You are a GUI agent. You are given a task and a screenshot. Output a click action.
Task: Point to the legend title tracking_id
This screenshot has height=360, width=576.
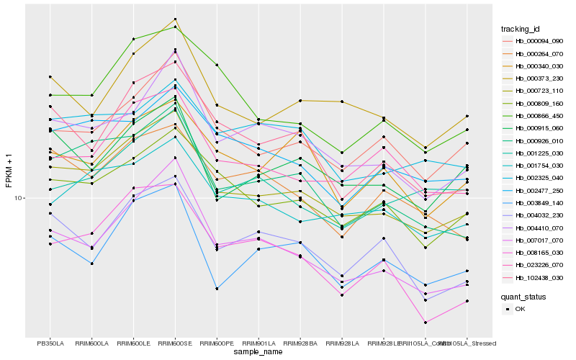coord(521,29)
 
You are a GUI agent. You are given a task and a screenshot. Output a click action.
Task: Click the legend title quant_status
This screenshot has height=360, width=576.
coord(523,296)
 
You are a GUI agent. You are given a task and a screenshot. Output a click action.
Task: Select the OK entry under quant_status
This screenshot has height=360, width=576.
coord(521,309)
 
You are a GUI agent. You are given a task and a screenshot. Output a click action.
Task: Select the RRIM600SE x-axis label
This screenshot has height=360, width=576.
coord(175,343)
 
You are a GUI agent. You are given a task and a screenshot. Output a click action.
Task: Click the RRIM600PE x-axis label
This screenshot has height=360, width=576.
coord(217,343)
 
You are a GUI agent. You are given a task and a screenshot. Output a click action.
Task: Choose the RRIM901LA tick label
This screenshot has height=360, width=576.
coord(258,343)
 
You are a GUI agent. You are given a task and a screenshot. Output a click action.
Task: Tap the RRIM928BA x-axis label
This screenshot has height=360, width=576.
coord(300,343)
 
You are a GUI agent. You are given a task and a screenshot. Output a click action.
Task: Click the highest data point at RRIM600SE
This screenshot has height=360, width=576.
coord(175,19)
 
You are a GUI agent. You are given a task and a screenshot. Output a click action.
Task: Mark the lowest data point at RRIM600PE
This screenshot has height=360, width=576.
coord(217,289)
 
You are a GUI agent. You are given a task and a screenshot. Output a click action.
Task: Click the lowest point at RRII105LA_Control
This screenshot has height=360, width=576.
coord(426,323)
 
